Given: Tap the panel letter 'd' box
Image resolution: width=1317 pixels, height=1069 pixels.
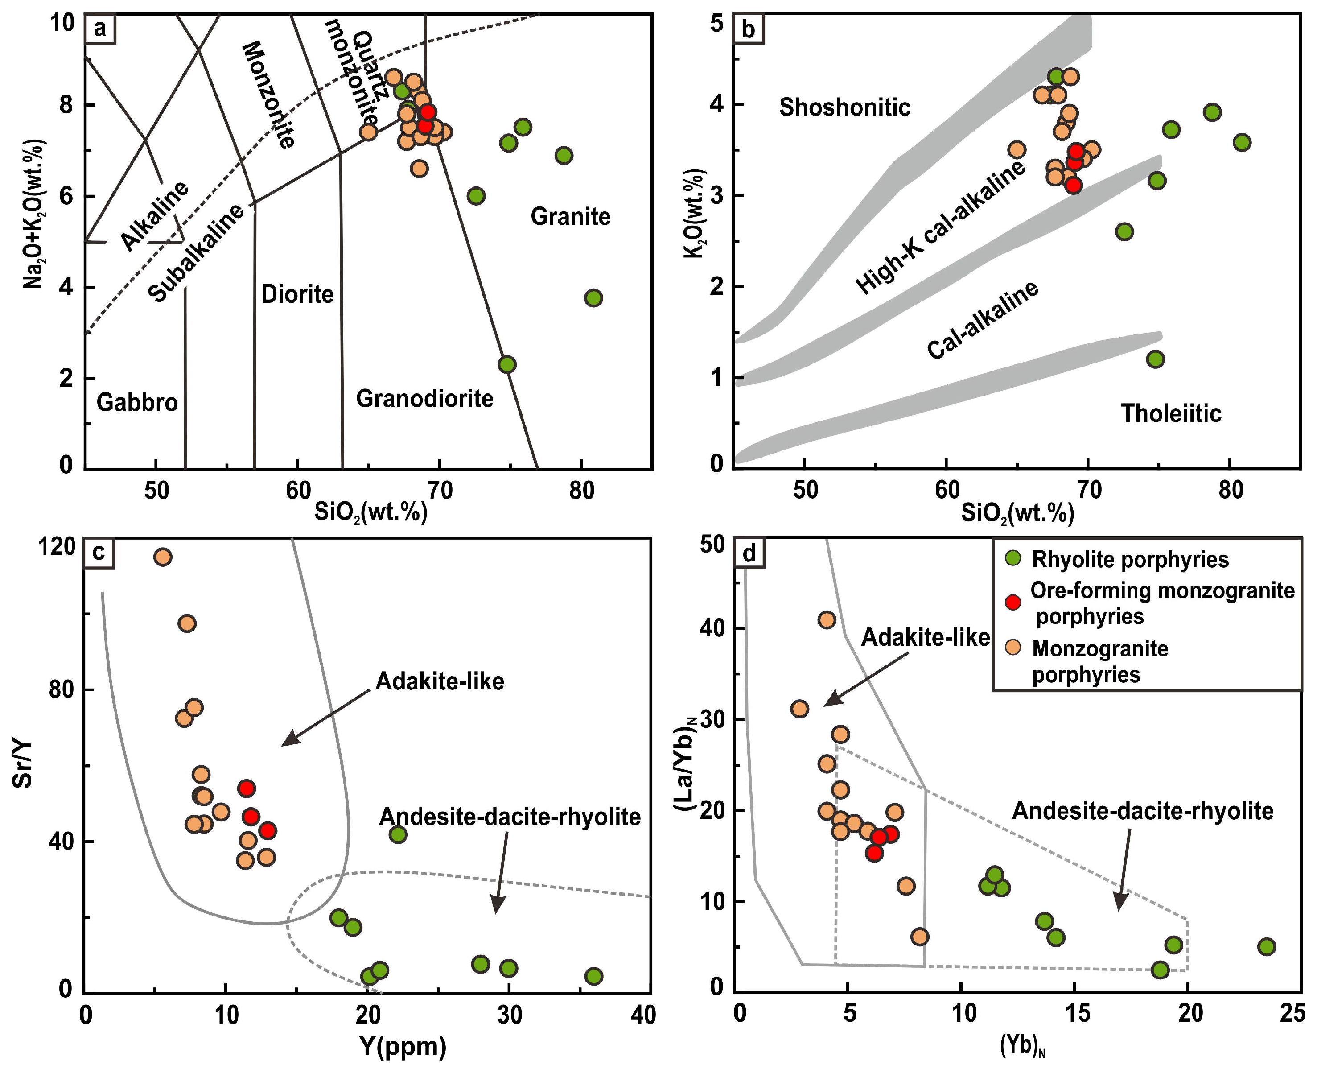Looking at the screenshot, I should [749, 553].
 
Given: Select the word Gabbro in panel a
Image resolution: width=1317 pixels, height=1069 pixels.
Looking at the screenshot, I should [137, 403].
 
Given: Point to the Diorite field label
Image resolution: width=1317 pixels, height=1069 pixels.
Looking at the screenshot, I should [297, 294].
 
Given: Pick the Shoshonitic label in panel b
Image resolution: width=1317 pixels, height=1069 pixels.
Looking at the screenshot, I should [844, 108].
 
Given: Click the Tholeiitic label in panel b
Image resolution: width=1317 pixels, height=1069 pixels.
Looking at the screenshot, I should [1170, 413].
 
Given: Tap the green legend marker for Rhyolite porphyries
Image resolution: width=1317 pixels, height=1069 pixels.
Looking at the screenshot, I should [1012, 558].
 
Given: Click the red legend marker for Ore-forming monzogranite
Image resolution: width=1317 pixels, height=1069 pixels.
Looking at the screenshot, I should [1012, 602].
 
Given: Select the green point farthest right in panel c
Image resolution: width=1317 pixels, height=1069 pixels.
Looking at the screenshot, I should [593, 976].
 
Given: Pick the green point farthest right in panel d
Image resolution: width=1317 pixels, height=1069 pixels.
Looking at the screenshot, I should [1266, 946].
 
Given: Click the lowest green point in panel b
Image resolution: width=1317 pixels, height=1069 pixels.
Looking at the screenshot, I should [1155, 359].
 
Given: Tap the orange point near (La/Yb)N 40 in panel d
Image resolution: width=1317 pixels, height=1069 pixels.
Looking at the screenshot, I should [827, 620].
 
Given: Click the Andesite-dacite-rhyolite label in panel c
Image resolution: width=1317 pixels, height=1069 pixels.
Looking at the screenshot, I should [510, 817].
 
